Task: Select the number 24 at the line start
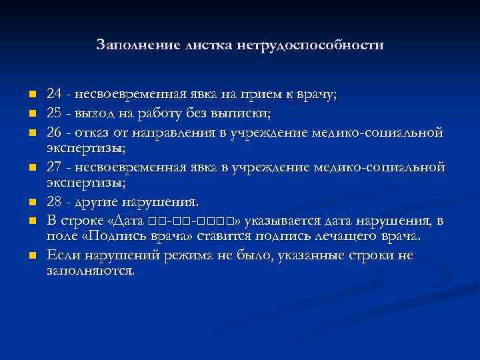[54, 95]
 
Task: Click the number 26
[54, 130]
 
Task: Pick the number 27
[54, 167]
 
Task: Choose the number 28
[54, 202]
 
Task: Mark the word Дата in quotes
[135, 220]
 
